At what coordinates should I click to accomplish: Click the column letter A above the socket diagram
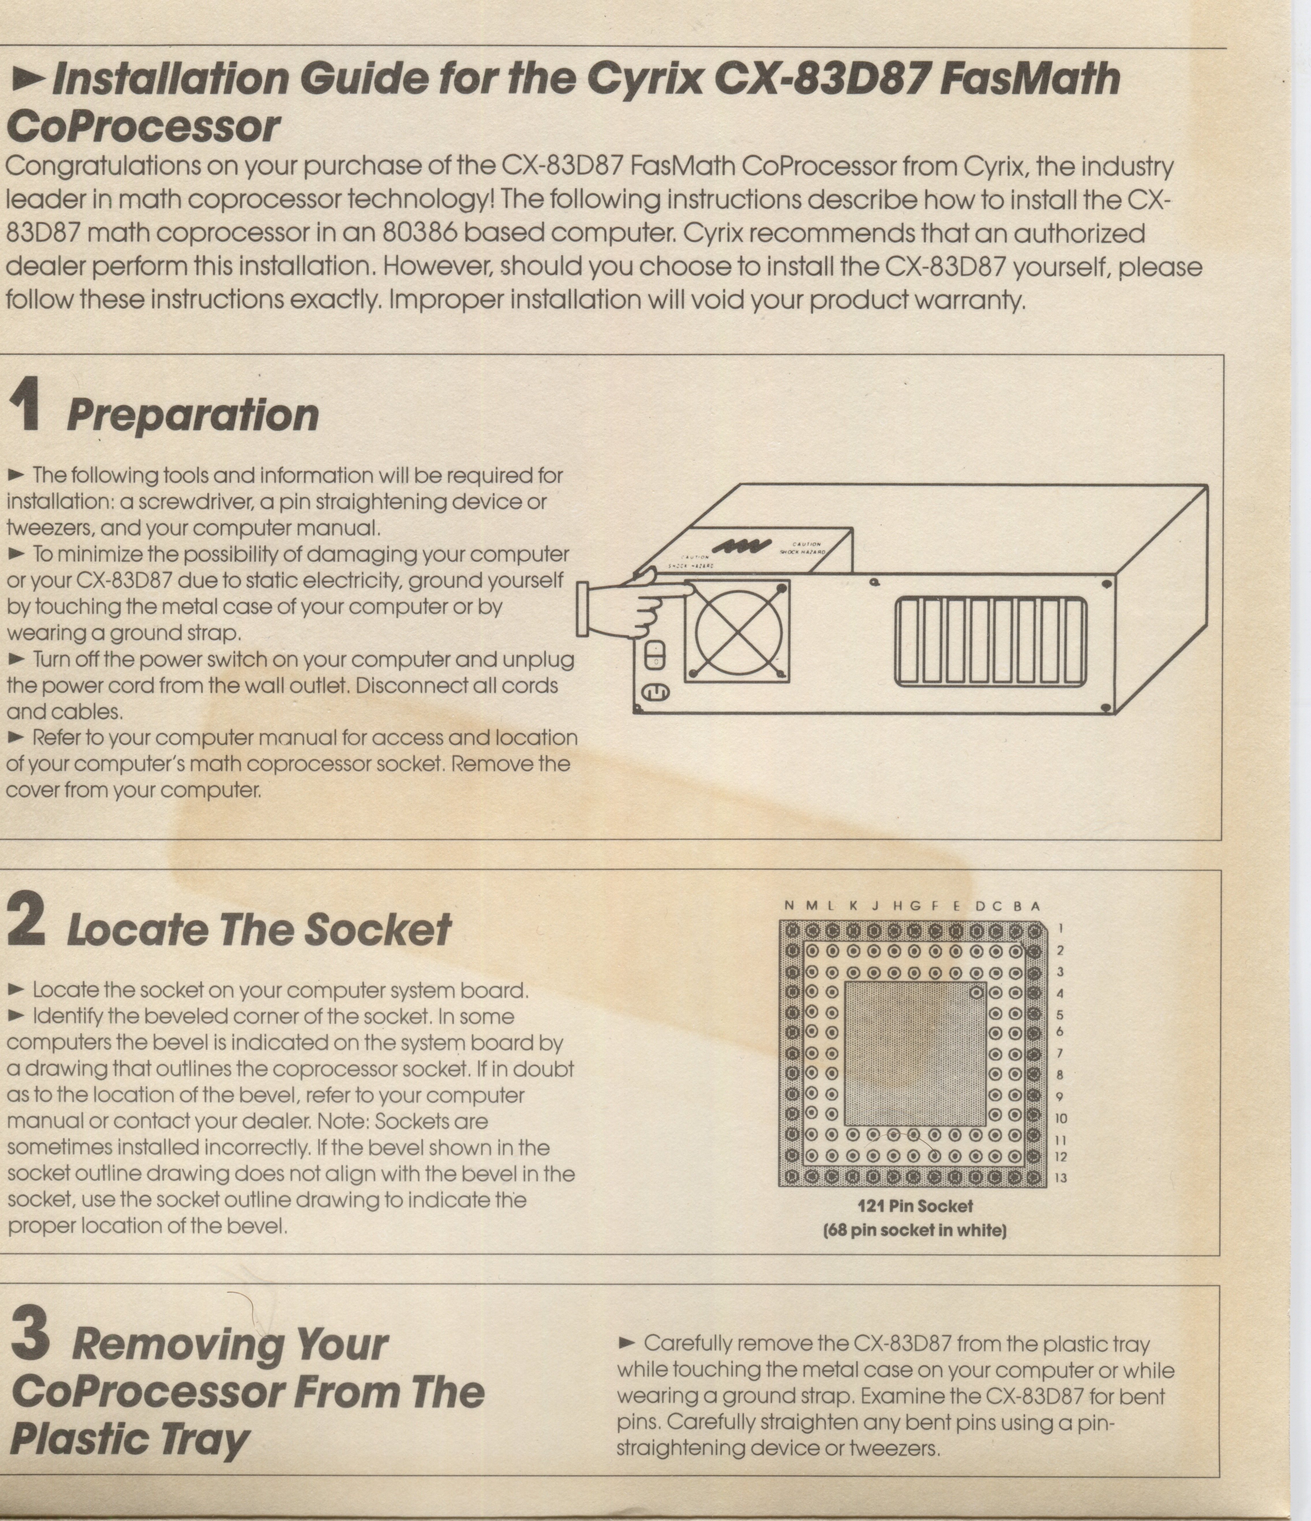tap(1035, 906)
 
